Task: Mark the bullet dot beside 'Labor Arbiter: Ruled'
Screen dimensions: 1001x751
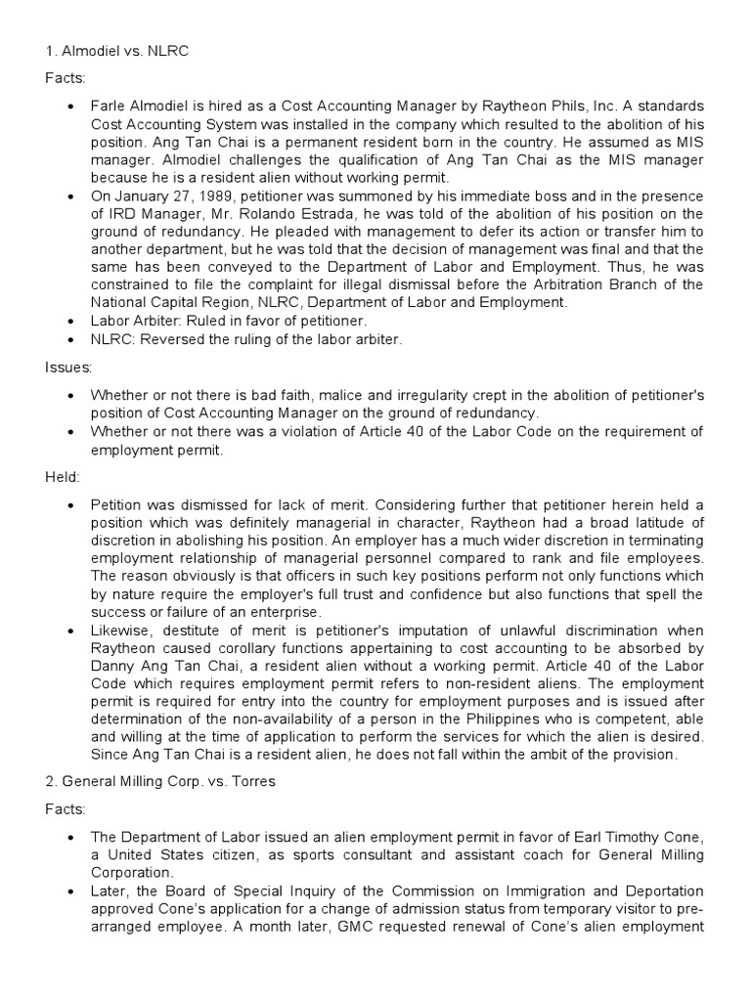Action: click(73, 320)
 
